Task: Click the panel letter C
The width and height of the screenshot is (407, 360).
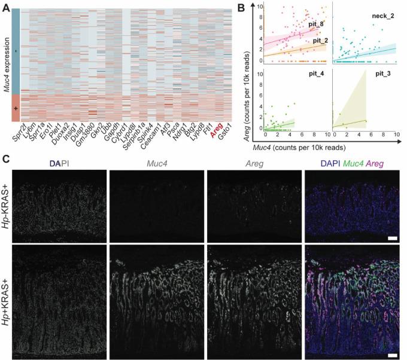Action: [x=6, y=161]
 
